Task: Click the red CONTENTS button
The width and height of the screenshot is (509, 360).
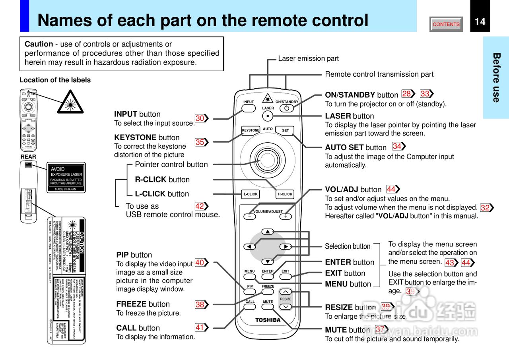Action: point(446,24)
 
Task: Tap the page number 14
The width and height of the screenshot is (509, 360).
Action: point(480,21)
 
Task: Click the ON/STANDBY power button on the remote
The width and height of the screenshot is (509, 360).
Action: point(286,108)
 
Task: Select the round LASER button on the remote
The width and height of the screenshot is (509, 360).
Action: point(268,116)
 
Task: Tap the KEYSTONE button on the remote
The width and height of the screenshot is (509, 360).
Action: point(251,130)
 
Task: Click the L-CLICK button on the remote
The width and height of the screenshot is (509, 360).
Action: point(251,194)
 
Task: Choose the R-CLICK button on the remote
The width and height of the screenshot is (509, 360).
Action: point(285,194)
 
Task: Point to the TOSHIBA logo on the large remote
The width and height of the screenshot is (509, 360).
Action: point(268,320)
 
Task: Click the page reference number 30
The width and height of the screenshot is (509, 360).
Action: point(200,118)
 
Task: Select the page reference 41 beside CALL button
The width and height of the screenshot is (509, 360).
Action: point(200,328)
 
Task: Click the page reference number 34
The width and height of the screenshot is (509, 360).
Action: point(397,146)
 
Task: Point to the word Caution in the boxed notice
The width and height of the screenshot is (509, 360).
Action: point(39,44)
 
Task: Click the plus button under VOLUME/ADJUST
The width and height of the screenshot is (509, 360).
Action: point(286,217)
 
